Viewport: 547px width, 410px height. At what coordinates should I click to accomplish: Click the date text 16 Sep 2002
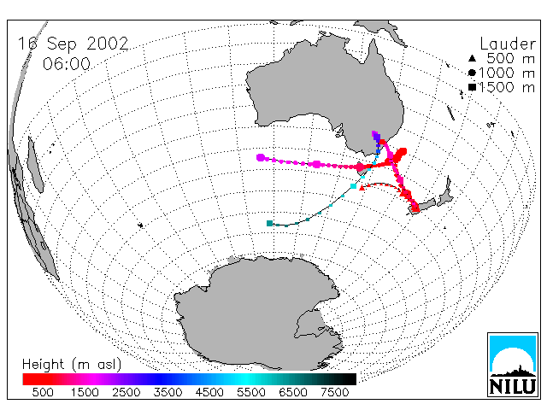tap(74, 44)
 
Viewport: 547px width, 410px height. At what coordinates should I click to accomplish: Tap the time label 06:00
tap(67, 64)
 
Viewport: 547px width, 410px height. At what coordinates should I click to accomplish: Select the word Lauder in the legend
tap(508, 44)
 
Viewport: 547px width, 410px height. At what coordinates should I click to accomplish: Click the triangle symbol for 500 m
tap(472, 58)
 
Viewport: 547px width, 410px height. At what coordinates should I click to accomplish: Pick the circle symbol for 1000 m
tap(472, 73)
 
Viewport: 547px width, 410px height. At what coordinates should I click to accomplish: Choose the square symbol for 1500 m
tap(472, 87)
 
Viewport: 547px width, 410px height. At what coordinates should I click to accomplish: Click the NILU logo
tap(513, 365)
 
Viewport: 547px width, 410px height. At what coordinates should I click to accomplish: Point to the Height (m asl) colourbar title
tap(72, 365)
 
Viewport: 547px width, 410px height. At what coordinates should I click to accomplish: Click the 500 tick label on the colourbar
tap(43, 392)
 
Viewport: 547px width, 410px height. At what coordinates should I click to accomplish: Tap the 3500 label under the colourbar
tap(168, 392)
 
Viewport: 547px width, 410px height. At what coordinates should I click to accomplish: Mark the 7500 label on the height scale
tap(334, 392)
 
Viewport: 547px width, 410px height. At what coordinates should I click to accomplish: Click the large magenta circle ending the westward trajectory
tap(260, 157)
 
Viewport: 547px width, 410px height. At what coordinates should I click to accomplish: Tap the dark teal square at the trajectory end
tap(269, 223)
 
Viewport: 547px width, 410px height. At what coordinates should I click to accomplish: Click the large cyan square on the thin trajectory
tap(353, 186)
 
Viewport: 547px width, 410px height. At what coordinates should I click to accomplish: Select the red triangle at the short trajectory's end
tap(362, 188)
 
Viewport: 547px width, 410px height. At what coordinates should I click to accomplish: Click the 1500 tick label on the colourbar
tap(85, 392)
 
